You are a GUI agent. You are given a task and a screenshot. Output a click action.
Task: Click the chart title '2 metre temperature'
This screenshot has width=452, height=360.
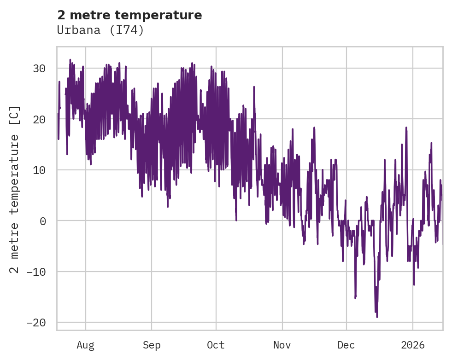pos(129,15)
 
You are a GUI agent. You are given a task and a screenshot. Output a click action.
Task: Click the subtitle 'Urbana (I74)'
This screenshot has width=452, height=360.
pos(100,30)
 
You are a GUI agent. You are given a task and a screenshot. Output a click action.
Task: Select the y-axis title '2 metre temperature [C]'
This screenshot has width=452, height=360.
pos(15,190)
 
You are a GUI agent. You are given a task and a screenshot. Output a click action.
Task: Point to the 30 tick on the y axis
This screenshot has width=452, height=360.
pos(39,69)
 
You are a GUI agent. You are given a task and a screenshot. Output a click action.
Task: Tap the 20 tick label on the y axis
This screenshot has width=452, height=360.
pos(39,119)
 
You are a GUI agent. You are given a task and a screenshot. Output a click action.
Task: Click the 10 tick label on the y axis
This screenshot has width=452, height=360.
pos(39,170)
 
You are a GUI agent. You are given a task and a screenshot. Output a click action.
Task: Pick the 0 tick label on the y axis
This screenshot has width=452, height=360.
pos(43,221)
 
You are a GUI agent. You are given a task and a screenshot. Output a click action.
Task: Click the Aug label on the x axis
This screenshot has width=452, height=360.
pos(86,345)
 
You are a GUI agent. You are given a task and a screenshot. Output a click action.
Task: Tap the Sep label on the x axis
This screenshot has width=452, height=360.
pos(151,345)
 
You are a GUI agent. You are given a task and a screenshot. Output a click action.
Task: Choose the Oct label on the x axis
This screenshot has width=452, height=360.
pos(216,345)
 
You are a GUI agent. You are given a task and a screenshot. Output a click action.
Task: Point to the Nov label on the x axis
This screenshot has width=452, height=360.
pos(282,345)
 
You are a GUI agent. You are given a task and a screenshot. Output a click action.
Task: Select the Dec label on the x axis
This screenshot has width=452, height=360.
pos(346,345)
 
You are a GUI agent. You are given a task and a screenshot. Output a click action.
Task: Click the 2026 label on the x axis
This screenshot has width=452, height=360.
pos(413,345)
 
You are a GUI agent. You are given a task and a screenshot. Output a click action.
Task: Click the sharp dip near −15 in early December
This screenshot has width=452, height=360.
pos(355,298)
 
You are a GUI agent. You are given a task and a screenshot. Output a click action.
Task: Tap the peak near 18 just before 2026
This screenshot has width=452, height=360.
pos(406,128)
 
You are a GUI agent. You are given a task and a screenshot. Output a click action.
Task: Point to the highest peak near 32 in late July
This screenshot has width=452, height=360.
pos(70,60)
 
